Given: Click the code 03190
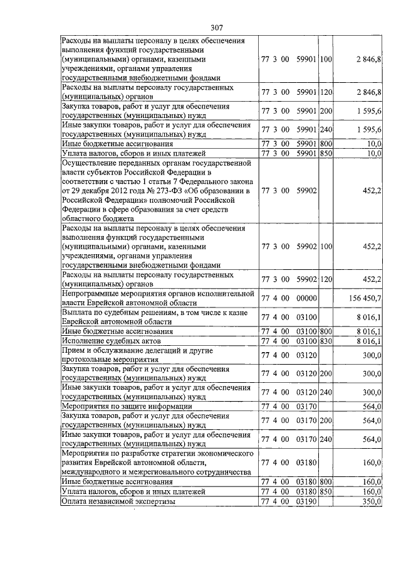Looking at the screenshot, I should (307, 501).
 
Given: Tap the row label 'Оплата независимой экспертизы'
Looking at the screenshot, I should (118, 501).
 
